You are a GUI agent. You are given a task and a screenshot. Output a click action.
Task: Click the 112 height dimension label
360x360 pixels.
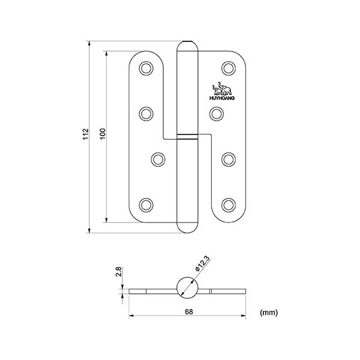click(85, 134)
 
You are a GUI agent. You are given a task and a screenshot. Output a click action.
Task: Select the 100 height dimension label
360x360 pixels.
click(103, 134)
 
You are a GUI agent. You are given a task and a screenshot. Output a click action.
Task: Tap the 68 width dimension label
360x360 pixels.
click(189, 312)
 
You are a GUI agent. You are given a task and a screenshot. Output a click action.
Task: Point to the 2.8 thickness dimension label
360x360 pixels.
click(118, 272)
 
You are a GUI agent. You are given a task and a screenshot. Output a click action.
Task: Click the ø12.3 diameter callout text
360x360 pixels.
click(202, 264)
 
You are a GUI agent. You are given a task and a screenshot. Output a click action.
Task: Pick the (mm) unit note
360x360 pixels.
click(269, 312)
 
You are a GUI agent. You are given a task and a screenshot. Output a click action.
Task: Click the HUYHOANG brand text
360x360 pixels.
click(222, 98)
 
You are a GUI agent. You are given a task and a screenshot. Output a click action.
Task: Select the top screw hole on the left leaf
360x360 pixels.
click(146, 68)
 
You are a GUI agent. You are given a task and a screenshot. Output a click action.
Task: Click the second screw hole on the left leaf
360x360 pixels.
click(146, 113)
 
